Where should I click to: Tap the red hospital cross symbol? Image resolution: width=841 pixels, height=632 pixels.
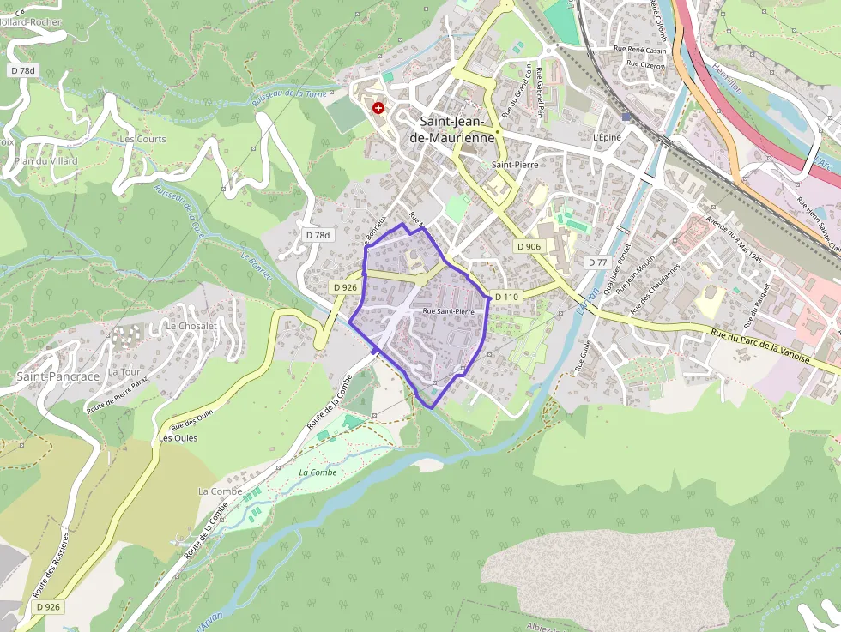click(x=378, y=108)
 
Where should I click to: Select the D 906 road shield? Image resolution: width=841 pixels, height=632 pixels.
click(x=529, y=247)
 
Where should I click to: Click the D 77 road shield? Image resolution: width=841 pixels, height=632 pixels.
click(x=598, y=262)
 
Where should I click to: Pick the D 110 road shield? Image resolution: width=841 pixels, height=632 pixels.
click(x=506, y=297)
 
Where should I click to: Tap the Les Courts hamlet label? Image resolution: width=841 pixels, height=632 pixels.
click(x=143, y=139)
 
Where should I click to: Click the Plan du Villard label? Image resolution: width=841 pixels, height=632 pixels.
click(x=45, y=161)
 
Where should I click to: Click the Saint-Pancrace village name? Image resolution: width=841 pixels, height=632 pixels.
click(x=58, y=376)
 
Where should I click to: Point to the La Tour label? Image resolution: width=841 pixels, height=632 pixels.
click(x=124, y=372)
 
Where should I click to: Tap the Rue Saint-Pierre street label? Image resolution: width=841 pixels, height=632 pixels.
click(x=448, y=311)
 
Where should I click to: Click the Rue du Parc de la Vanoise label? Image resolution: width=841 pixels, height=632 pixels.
click(x=760, y=346)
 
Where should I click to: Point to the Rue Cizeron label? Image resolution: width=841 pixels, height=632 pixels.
click(x=645, y=63)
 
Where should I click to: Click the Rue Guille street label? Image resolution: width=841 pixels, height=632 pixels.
click(x=586, y=354)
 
